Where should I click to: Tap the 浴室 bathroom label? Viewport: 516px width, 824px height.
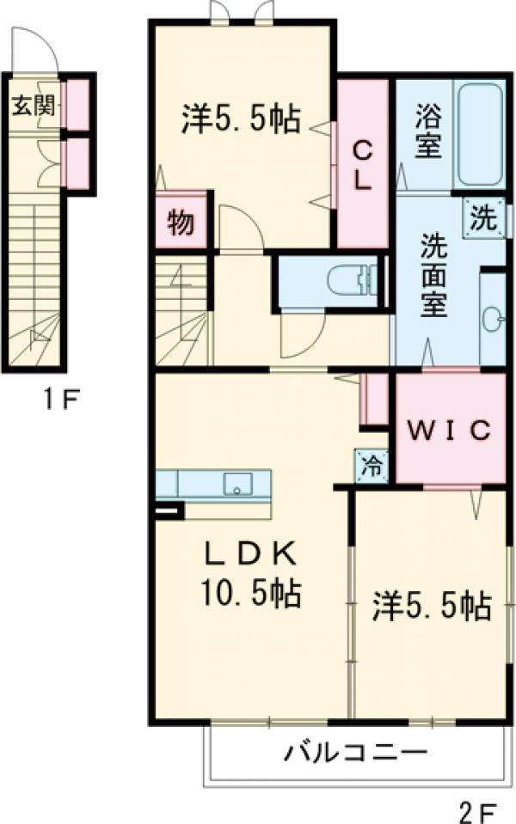(427, 131)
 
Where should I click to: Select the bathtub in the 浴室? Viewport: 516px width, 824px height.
(480, 135)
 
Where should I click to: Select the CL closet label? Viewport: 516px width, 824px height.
(363, 166)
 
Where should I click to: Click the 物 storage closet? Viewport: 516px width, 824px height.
(181, 222)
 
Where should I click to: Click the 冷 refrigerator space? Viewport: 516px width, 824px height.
(372, 466)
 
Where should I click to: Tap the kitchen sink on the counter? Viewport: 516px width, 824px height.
(236, 484)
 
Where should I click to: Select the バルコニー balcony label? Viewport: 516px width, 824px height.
(356, 754)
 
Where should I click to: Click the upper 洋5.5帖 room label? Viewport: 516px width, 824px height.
(240, 119)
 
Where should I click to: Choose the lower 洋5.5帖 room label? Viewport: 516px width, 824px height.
(431, 607)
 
